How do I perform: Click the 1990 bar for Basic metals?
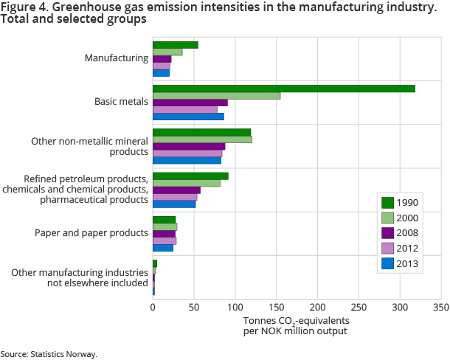[283, 89]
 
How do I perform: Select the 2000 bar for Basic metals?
[216, 95]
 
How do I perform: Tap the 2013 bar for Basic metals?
[188, 116]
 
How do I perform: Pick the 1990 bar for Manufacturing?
[175, 45]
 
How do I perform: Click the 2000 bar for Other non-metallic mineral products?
[202, 139]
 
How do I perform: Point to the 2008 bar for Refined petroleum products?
[176, 190]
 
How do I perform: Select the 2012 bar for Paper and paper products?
[165, 240]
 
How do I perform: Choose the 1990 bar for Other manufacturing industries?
[155, 263]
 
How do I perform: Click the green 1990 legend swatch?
[387, 203]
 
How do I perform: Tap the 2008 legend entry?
[398, 232]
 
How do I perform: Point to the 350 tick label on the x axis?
[441, 306]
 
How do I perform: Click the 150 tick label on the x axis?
[276, 306]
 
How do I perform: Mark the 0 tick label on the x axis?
[153, 306]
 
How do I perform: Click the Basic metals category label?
[122, 102]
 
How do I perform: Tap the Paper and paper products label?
[91, 233]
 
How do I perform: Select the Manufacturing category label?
[117, 58]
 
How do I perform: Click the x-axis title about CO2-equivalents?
[295, 325]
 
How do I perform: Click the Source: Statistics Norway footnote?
[49, 354]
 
